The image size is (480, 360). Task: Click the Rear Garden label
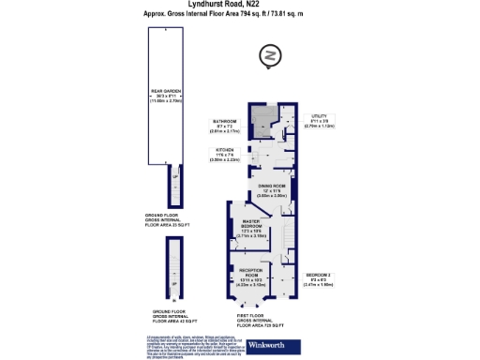[164, 93]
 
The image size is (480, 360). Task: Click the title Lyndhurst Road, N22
[240, 5]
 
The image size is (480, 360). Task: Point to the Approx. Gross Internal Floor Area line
[240, 15]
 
